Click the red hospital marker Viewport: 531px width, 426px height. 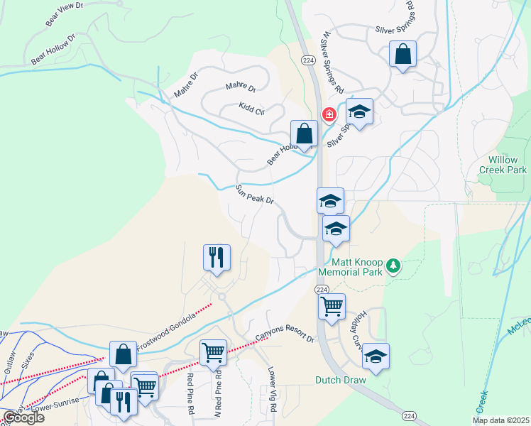click(x=329, y=114)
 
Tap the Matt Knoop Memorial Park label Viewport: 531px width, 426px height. click(x=349, y=267)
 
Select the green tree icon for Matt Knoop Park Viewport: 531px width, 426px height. click(x=393, y=267)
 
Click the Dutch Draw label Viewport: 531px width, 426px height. click(x=341, y=380)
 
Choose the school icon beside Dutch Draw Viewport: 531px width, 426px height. click(x=376, y=356)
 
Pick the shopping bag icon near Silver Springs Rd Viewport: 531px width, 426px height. click(x=403, y=55)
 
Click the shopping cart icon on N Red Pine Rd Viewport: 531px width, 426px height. click(x=213, y=352)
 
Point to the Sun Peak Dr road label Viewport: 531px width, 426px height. click(x=254, y=195)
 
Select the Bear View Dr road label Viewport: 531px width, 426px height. click(x=65, y=15)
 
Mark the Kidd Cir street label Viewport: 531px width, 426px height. click(x=251, y=109)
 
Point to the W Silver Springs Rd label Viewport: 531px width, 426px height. click(x=332, y=63)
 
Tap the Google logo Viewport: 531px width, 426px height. click(x=23, y=418)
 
